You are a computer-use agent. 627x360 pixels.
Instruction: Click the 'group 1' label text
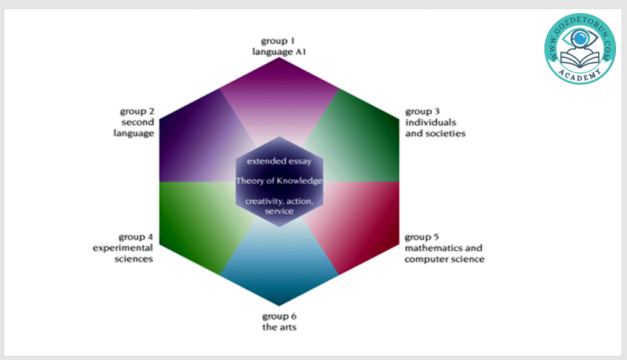pyautogui.click(x=279, y=41)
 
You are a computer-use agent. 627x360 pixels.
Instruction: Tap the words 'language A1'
pyautogui.click(x=279, y=52)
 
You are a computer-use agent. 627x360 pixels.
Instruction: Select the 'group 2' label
pyautogui.click(x=137, y=111)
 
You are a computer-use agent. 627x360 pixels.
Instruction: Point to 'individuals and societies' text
pyautogui.click(x=435, y=128)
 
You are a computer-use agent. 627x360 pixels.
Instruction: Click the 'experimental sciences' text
pyautogui.click(x=123, y=253)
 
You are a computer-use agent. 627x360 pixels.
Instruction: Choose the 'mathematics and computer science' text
pyautogui.click(x=444, y=253)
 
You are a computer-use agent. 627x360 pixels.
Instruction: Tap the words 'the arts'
pyautogui.click(x=279, y=327)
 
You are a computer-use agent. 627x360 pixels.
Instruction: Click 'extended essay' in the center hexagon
pyautogui.click(x=279, y=161)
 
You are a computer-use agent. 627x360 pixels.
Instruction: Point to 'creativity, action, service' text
pyautogui.click(x=279, y=206)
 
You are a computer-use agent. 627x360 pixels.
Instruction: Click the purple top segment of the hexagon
pyautogui.click(x=279, y=92)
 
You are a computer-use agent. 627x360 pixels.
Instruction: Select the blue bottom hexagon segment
pyautogui.click(x=279, y=269)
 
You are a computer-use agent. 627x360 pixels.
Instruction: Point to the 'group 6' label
pyautogui.click(x=279, y=316)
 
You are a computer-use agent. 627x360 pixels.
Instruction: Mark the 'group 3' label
pyautogui.click(x=422, y=111)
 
